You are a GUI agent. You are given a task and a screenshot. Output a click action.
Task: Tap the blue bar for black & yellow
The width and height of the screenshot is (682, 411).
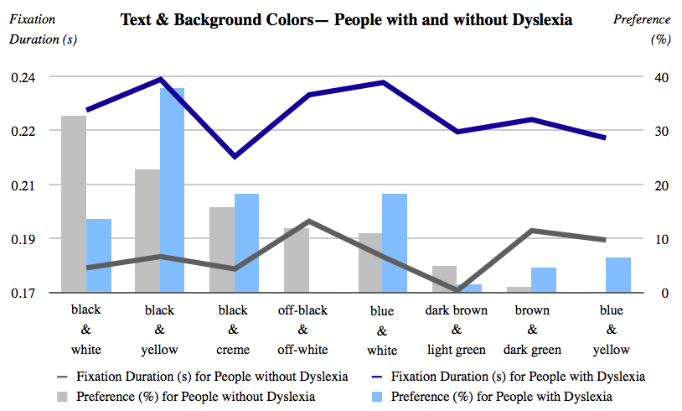coord(172,190)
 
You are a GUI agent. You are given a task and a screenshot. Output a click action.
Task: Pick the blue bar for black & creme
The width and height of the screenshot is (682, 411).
coord(246,243)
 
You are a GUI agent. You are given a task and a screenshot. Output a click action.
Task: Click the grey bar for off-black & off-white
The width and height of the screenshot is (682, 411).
coord(297,260)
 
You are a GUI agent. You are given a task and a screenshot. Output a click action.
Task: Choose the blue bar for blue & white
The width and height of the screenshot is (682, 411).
coord(395,243)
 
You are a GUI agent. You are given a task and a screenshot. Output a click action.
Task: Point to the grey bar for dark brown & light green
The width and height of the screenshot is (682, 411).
coord(445,279)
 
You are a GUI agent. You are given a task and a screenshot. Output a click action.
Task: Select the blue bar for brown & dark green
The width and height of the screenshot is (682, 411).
coord(543,280)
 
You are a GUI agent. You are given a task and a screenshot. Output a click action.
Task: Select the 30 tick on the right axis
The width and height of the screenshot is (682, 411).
coord(663,131)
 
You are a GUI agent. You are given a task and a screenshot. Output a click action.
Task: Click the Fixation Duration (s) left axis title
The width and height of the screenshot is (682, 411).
coord(37,29)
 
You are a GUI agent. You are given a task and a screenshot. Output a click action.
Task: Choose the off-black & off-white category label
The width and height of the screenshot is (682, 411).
coord(302,330)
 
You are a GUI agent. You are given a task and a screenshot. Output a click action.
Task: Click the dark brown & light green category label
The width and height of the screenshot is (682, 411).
coord(457,330)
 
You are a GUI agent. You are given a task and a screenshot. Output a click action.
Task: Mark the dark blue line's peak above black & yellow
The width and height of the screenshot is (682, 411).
coord(160,79)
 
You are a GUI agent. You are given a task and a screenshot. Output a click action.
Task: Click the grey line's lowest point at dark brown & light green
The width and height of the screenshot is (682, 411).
coord(457,290)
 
